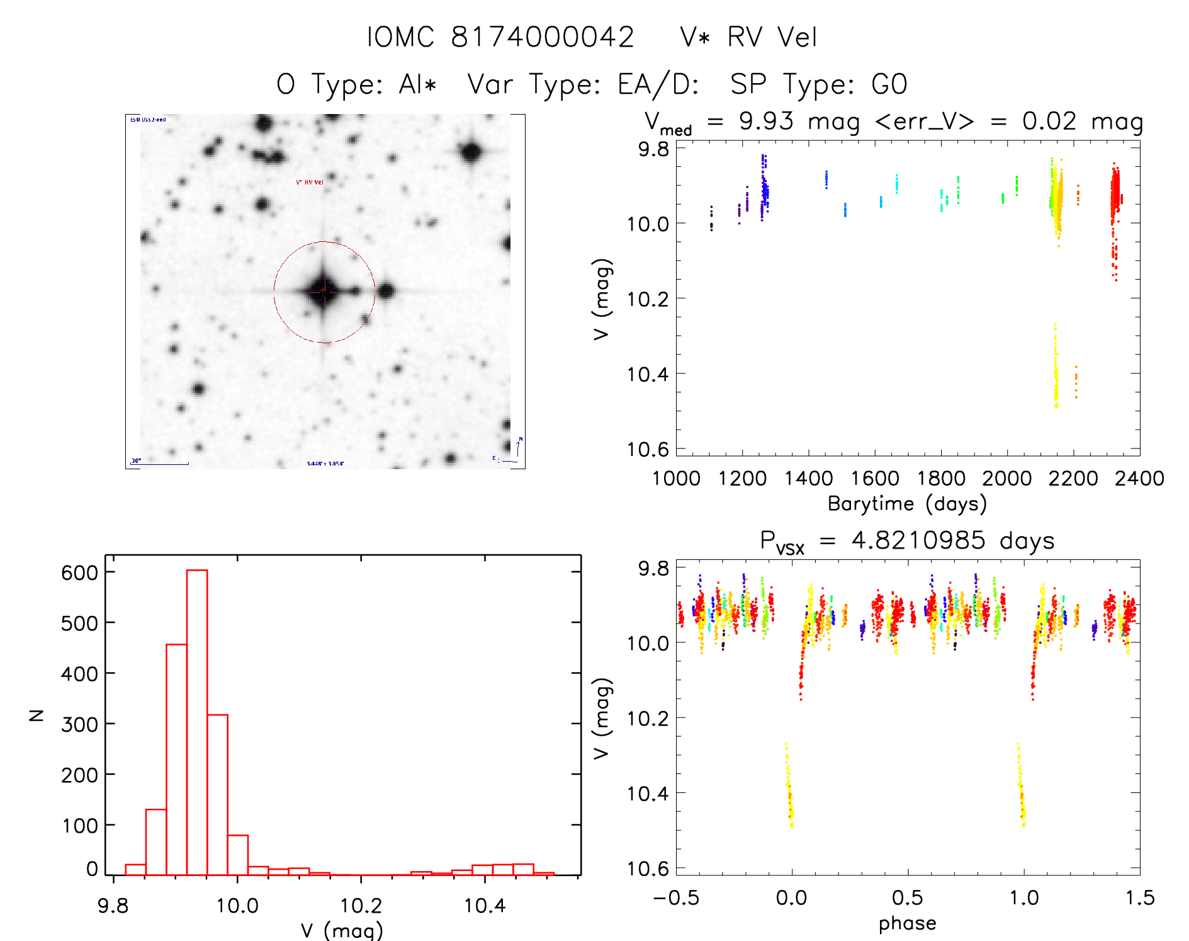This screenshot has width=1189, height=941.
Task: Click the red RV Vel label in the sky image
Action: pyautogui.click(x=310, y=182)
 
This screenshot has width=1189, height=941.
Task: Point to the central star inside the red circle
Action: pyautogui.click(x=324, y=290)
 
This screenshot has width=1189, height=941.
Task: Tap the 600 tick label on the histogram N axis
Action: pyautogui.click(x=79, y=573)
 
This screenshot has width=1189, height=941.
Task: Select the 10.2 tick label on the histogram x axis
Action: pyautogui.click(x=361, y=906)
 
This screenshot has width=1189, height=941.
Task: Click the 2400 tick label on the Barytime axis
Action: pyautogui.click(x=1139, y=478)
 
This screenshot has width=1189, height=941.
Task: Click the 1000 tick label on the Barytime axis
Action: pyautogui.click(x=676, y=478)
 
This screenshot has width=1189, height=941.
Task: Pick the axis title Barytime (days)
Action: pyautogui.click(x=907, y=504)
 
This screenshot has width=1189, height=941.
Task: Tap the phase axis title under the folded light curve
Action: pyautogui.click(x=907, y=923)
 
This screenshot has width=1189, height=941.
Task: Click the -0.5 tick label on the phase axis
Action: pyautogui.click(x=676, y=898)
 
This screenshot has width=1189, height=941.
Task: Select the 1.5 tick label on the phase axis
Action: pyautogui.click(x=1140, y=898)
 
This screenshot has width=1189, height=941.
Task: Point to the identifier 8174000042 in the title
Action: pyautogui.click(x=542, y=37)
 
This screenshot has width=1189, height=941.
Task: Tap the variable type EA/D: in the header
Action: pyautogui.click(x=658, y=84)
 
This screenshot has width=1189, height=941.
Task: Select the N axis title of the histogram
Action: pyautogui.click(x=37, y=715)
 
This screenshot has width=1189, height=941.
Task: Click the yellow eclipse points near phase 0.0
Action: pyautogui.click(x=789, y=787)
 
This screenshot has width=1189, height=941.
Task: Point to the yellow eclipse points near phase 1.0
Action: pyautogui.click(x=1021, y=787)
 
